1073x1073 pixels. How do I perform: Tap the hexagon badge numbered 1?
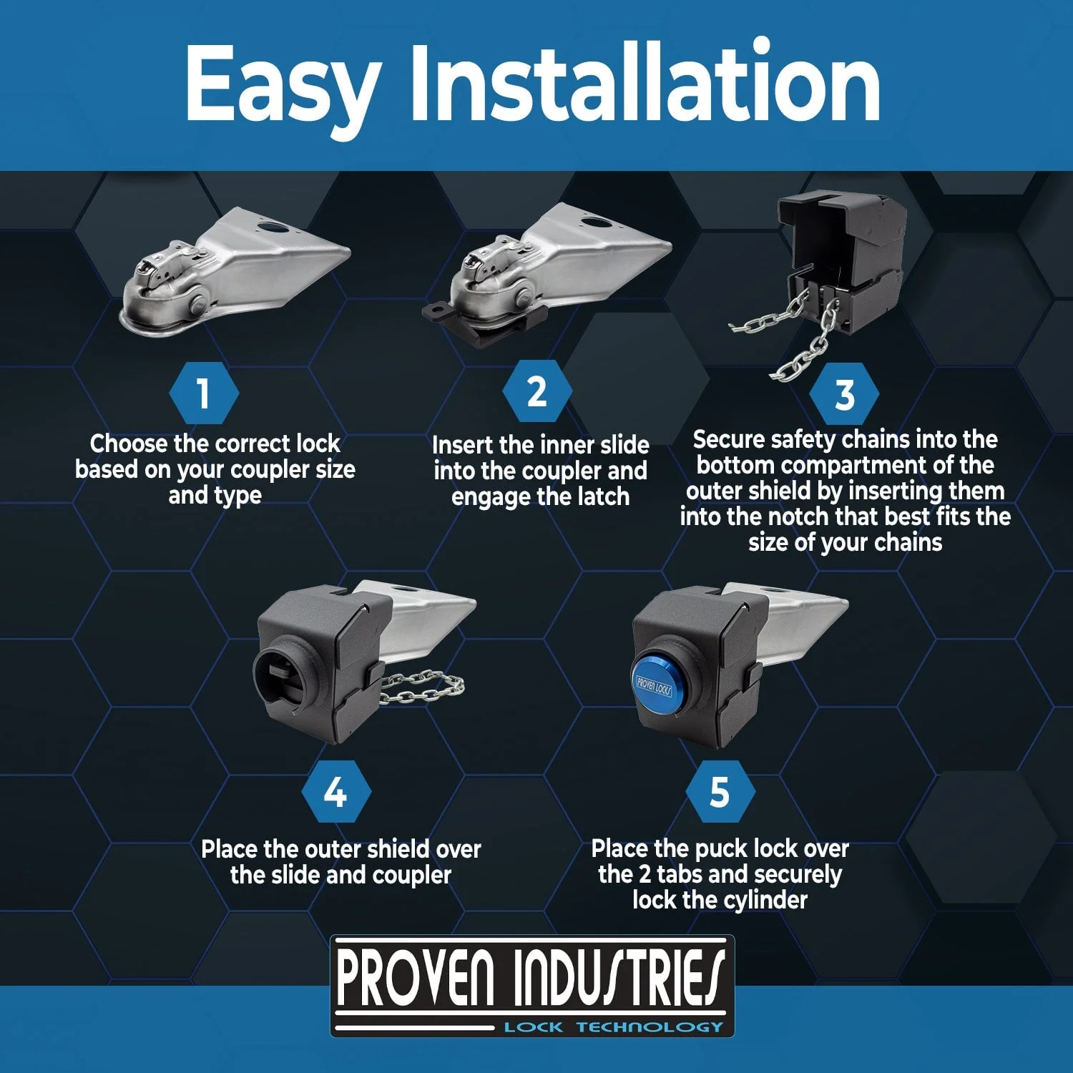(x=204, y=393)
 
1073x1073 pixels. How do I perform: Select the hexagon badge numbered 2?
(x=537, y=392)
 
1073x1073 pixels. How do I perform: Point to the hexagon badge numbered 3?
(x=845, y=394)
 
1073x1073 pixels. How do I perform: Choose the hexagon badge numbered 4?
(x=336, y=793)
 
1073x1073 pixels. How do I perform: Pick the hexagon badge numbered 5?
(x=720, y=792)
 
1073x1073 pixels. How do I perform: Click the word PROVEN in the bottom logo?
(x=415, y=977)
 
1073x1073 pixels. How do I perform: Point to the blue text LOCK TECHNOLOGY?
(x=614, y=1027)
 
